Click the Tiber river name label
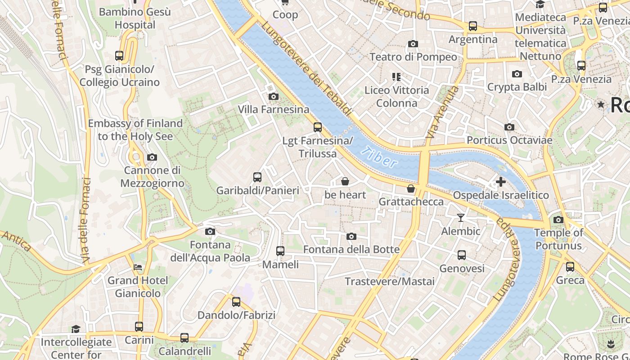(x=381, y=157)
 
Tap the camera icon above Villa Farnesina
(x=273, y=96)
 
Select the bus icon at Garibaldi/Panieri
(x=257, y=177)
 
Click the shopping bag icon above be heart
(x=345, y=181)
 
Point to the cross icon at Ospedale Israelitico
(x=500, y=182)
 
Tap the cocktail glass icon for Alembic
(x=460, y=218)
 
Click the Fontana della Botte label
(x=351, y=249)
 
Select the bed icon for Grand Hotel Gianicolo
(x=138, y=267)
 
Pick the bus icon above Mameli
(x=280, y=251)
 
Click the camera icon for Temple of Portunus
(x=558, y=220)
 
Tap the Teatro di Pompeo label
(x=413, y=57)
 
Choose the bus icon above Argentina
(x=473, y=26)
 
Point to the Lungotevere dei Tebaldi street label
(x=306, y=67)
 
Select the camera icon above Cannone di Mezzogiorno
(x=152, y=157)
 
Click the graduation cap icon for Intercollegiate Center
(x=76, y=329)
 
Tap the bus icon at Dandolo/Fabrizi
(x=236, y=302)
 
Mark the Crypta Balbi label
(x=517, y=87)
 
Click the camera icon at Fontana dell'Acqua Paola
(x=210, y=231)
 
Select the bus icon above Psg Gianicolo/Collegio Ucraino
(x=119, y=56)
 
